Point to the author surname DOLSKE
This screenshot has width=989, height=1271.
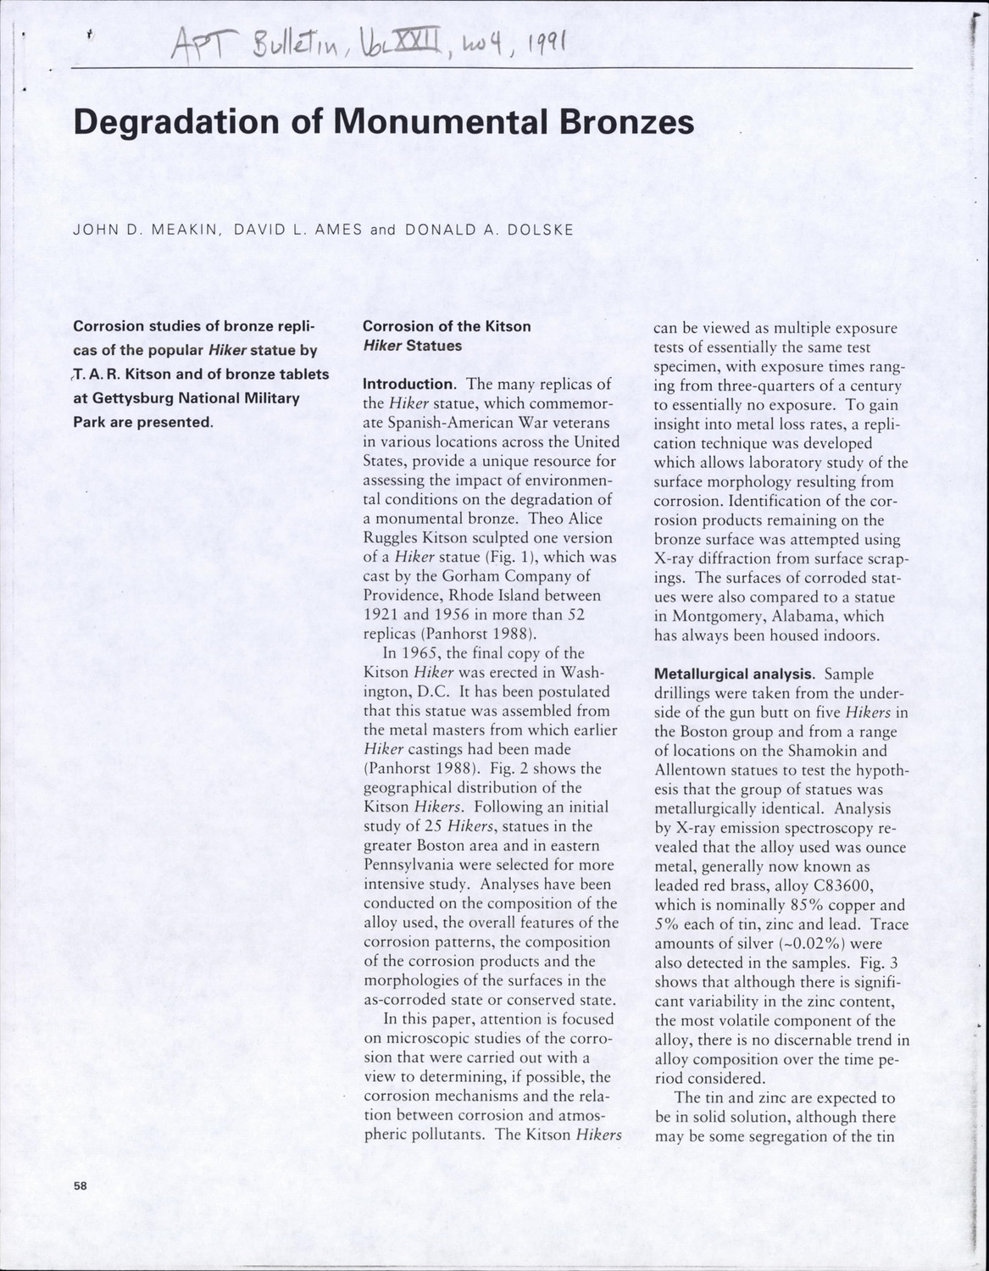point(536,230)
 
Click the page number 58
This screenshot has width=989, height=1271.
point(81,1186)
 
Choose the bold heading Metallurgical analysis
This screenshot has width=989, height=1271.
point(734,674)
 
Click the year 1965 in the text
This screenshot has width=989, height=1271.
point(402,653)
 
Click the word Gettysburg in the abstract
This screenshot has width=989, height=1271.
point(129,397)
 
